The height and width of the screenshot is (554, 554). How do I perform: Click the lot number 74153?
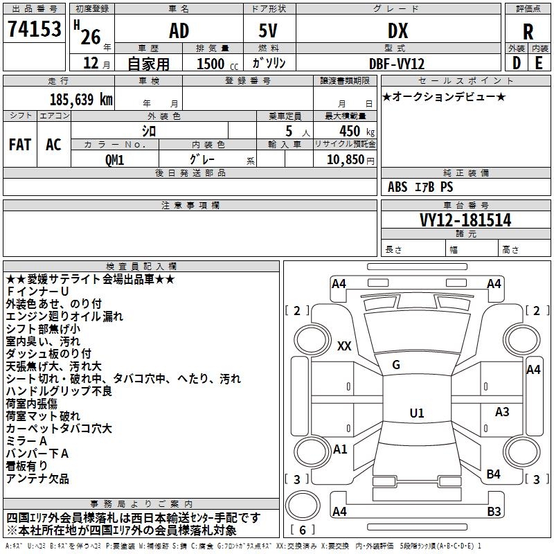[x=34, y=28]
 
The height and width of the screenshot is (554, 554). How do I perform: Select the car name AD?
[x=179, y=30]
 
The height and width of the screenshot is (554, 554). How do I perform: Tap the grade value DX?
[x=397, y=30]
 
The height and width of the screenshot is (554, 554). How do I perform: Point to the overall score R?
[x=528, y=32]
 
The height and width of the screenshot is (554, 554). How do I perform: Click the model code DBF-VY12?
[x=396, y=64]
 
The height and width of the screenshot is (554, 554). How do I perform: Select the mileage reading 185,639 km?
[x=81, y=99]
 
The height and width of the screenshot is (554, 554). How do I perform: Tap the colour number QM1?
[x=114, y=160]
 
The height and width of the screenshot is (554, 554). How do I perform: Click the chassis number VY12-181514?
[x=465, y=220]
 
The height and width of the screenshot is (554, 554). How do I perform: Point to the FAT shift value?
[x=20, y=145]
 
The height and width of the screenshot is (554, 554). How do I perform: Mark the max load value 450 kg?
[x=357, y=131]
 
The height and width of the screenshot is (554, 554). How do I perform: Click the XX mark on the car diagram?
[x=344, y=346]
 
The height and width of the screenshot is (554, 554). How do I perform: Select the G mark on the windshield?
[x=396, y=365]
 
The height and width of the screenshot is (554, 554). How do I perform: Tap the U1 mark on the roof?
[x=417, y=413]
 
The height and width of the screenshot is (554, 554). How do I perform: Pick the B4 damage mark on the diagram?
[x=493, y=474]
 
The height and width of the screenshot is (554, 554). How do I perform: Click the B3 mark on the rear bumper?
[x=494, y=511]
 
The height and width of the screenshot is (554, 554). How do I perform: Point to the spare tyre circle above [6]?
[x=303, y=506]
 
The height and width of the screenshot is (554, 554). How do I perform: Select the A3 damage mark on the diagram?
[x=501, y=411]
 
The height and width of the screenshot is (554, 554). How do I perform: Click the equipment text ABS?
[x=397, y=186]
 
